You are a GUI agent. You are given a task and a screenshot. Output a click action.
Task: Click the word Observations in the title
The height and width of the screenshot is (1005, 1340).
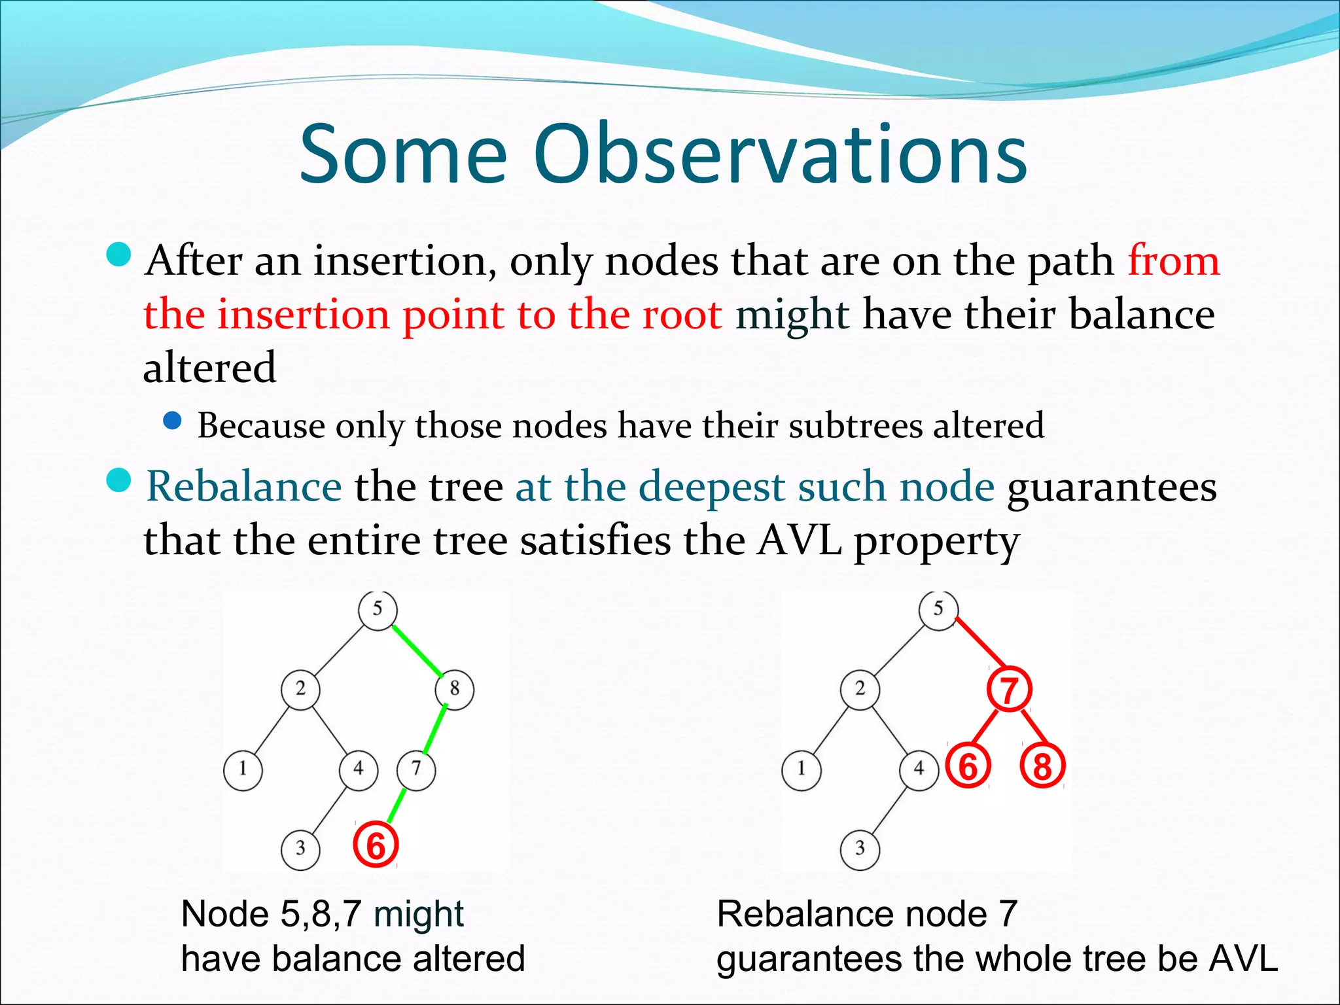pos(780,154)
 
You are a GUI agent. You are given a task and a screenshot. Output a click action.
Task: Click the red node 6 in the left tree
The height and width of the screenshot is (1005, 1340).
pos(376,845)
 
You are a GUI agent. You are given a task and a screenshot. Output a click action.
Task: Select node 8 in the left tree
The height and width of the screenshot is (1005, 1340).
pos(455,689)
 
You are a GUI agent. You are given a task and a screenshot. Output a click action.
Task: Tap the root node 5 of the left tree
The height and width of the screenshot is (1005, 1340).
pos(378,610)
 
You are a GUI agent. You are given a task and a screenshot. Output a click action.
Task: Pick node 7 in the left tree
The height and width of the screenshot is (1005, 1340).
pos(416,769)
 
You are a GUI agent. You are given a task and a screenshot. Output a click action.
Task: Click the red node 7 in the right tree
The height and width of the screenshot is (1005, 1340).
pos(1009,690)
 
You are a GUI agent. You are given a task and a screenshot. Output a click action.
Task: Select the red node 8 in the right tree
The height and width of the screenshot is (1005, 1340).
pos(1042,766)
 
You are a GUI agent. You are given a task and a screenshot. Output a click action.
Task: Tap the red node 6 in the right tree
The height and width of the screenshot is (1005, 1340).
pos(968,766)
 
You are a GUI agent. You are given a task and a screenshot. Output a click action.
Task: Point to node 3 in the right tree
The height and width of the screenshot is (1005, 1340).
pos(860,849)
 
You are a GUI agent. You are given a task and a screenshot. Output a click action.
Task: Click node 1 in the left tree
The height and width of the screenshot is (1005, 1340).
pos(243,769)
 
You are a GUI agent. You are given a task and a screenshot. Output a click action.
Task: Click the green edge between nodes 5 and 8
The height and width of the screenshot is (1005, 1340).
pos(417,650)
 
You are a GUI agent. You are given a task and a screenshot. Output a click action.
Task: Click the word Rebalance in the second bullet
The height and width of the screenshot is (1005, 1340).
pos(243,487)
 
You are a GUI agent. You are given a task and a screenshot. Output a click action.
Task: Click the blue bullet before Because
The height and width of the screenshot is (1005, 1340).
pos(172,421)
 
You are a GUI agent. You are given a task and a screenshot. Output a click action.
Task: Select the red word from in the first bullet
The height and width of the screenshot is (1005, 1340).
pos(1174,260)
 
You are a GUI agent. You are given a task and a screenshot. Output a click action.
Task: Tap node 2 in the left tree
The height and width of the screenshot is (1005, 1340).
pos(300,689)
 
